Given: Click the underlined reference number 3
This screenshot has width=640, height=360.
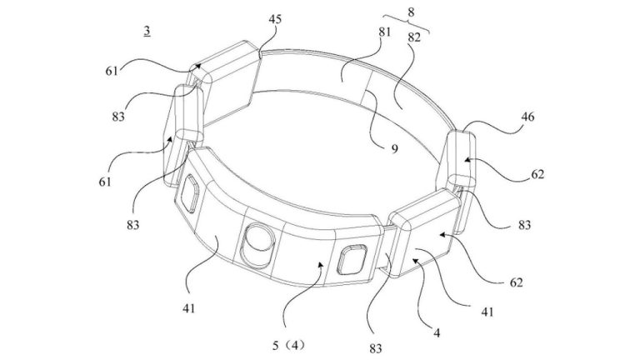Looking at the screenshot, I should (x=147, y=31).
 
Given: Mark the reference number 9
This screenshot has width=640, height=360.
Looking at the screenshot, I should (x=392, y=149).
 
